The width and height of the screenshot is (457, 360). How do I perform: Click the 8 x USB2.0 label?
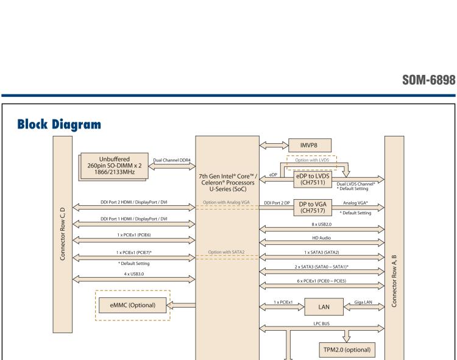point(322,225)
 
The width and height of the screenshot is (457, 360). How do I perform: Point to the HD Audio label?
point(322,238)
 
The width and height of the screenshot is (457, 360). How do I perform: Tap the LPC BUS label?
point(322,322)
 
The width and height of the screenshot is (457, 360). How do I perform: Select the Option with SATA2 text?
point(227,251)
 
